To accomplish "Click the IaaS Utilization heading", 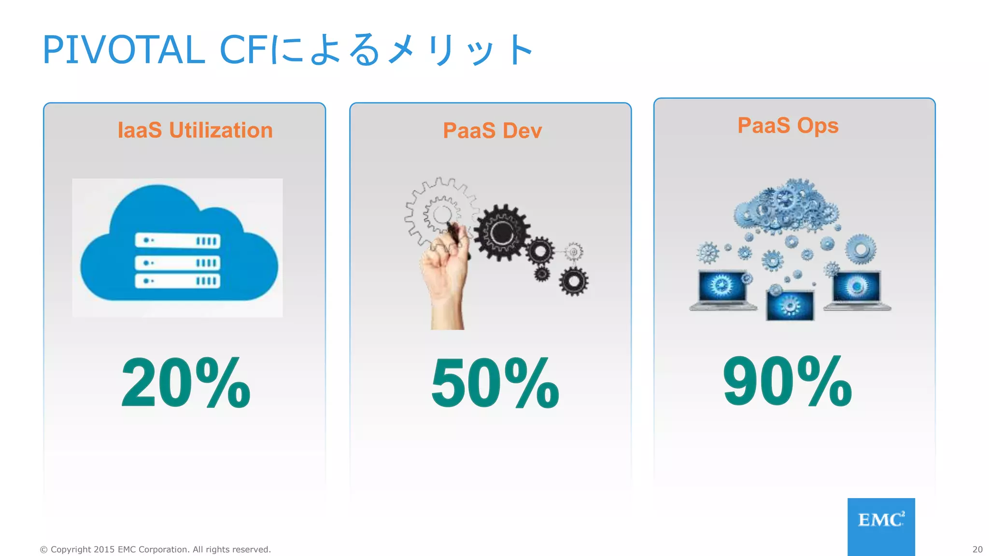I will (195, 130).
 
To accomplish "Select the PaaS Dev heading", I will (492, 131).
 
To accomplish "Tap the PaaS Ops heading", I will (788, 125).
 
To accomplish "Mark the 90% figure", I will (787, 381).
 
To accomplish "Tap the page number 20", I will (977, 549).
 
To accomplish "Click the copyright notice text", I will (155, 549).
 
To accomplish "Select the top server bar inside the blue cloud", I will (178, 240).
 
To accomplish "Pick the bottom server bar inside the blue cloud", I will (178, 281).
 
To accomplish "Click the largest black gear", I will (502, 233).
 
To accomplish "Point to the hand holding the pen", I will (444, 275).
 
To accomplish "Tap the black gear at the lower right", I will (574, 281).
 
